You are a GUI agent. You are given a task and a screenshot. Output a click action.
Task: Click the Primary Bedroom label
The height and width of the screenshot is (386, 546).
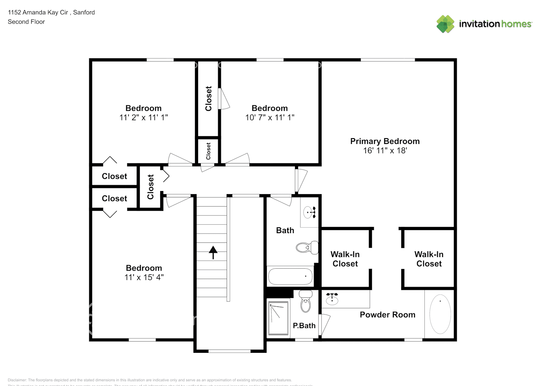pyautogui.click(x=385, y=141)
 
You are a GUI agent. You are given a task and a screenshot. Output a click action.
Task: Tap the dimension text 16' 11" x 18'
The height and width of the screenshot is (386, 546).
pyautogui.click(x=385, y=151)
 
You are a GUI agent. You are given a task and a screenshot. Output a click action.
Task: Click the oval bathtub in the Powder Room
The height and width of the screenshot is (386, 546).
pyautogui.click(x=440, y=314)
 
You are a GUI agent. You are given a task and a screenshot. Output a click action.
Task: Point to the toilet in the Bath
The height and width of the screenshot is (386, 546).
pyautogui.click(x=307, y=247)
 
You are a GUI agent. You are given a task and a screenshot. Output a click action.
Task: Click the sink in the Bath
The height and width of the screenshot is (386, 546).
pyautogui.click(x=310, y=212)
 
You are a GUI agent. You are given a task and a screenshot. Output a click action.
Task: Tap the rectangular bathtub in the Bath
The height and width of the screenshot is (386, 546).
pyautogui.click(x=290, y=276)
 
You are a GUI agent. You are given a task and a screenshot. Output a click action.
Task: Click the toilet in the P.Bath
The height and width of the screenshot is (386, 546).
pyautogui.click(x=306, y=301)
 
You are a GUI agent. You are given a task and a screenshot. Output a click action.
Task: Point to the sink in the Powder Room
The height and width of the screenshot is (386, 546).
pyautogui.click(x=332, y=299)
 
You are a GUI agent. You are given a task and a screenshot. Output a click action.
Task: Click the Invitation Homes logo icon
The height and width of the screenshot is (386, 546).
pyautogui.click(x=445, y=24)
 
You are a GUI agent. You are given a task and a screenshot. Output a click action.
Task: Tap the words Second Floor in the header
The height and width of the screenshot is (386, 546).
pyautogui.click(x=26, y=22)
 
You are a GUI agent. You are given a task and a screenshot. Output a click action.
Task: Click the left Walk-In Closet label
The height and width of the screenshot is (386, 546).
pyautogui.click(x=345, y=259)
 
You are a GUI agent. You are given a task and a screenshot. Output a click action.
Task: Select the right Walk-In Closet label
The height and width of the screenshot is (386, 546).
pyautogui.click(x=429, y=259)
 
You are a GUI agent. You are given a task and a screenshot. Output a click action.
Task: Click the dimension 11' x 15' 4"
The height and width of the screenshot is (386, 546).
pyautogui.click(x=144, y=277)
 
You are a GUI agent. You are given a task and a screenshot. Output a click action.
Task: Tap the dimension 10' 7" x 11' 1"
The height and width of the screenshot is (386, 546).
pyautogui.click(x=270, y=117)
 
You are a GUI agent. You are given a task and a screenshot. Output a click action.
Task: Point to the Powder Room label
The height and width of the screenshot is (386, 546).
pyautogui.click(x=387, y=315)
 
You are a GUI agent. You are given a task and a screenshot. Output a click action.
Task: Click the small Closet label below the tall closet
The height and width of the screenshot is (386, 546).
pyautogui.click(x=208, y=151)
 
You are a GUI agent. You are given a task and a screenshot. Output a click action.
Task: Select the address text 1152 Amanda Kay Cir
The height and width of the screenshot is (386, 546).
pyautogui.click(x=38, y=12)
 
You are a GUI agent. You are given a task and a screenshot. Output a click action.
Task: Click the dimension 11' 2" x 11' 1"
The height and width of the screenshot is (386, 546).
pyautogui.click(x=143, y=117)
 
